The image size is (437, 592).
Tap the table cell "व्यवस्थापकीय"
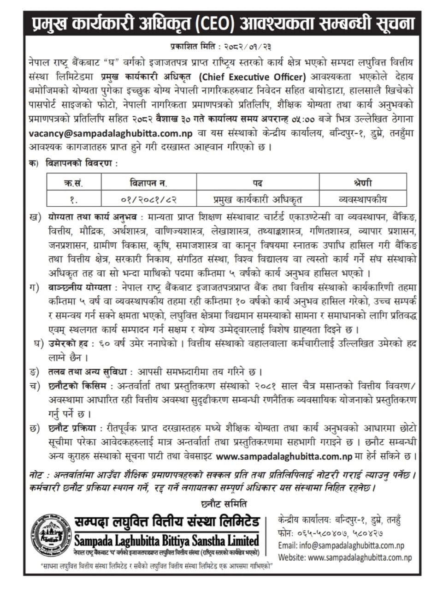coord(362,199)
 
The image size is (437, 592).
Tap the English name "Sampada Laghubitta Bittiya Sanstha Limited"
coord(167,539)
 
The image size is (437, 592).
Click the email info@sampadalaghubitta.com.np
coord(341,545)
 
